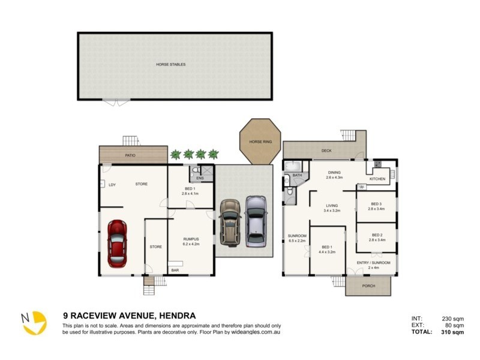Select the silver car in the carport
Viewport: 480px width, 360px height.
point(256,220)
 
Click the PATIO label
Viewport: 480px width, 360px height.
point(130,155)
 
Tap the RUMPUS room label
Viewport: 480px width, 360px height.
point(191,239)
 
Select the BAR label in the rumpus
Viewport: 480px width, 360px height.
point(175,271)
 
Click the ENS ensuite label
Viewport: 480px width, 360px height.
point(200,178)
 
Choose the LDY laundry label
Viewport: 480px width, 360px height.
point(112,184)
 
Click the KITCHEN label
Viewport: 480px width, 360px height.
point(377,179)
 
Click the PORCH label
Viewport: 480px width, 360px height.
point(368,286)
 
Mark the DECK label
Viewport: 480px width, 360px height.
point(326,151)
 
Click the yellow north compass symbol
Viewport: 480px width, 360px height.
point(34,323)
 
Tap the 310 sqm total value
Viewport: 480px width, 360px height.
point(454,332)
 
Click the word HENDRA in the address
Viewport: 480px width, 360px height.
point(176,315)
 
